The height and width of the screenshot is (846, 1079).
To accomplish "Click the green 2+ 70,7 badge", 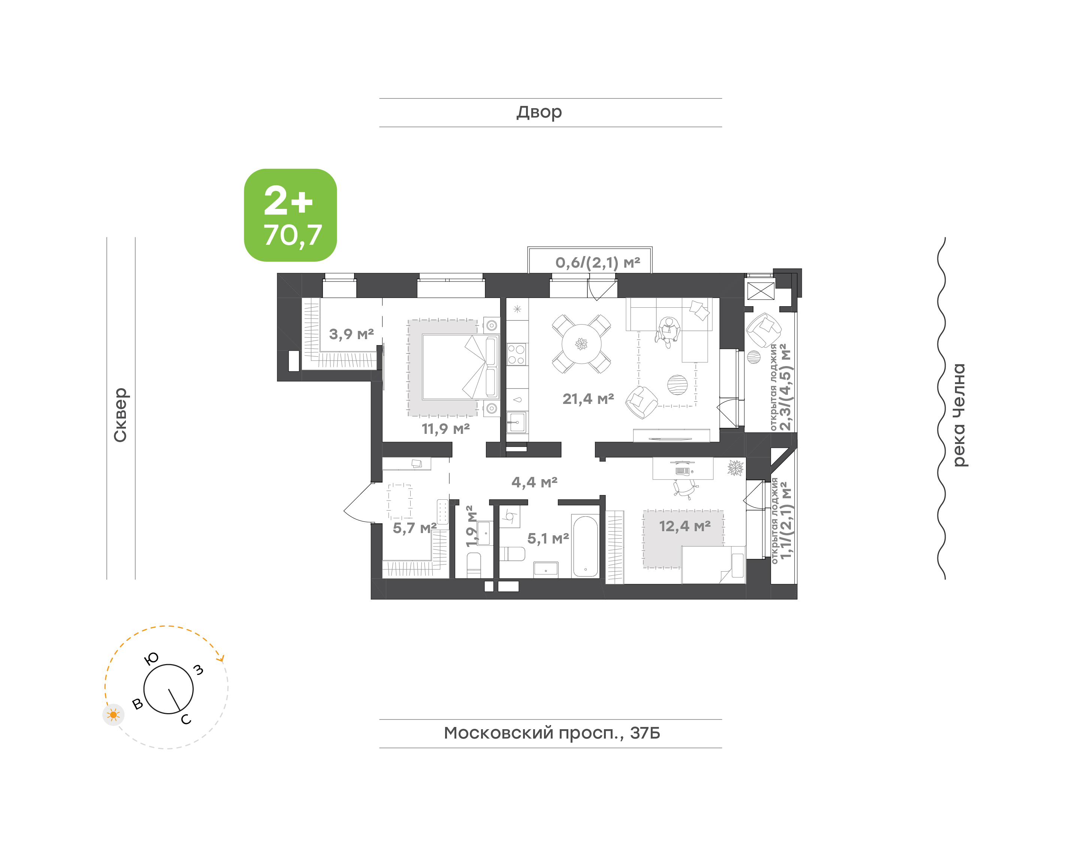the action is (x=290, y=215).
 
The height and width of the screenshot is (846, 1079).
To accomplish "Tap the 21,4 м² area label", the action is (x=588, y=399).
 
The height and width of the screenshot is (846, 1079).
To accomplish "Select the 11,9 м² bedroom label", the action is (x=445, y=429).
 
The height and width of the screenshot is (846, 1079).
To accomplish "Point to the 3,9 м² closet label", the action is (x=351, y=334).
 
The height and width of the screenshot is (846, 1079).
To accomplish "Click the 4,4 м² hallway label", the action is (x=534, y=482).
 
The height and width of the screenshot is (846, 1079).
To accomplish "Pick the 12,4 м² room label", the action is (x=684, y=526).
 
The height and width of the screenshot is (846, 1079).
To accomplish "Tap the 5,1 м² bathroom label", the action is (x=548, y=538).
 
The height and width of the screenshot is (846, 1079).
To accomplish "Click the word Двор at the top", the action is (x=539, y=112).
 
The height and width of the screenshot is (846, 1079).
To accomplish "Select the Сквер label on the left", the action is (x=120, y=415).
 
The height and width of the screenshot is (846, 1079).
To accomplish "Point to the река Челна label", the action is (x=959, y=415).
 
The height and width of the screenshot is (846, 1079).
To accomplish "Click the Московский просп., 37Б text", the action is (x=551, y=733).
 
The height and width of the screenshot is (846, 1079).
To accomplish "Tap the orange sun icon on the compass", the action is (x=114, y=715).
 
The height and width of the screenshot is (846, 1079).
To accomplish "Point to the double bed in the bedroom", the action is (x=460, y=366).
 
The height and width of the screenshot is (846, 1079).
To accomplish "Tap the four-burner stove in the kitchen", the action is (x=516, y=354).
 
